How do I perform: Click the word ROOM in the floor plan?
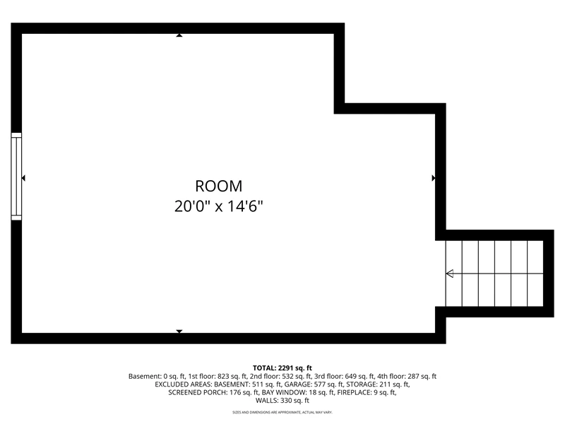click(219, 186)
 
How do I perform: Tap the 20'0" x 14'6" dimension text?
click(219, 206)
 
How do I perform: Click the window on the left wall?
click(16, 176)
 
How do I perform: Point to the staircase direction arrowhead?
click(450, 273)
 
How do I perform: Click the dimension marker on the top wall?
click(179, 35)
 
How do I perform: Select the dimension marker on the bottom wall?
click(179, 331)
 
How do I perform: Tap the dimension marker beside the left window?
click(23, 178)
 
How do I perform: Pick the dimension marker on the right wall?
click(434, 178)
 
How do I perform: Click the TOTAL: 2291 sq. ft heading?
click(282, 368)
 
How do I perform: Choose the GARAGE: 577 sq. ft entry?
click(314, 384)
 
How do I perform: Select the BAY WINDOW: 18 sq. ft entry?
click(298, 393)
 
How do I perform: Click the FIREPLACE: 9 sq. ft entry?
click(367, 393)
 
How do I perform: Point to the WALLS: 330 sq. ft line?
click(282, 401)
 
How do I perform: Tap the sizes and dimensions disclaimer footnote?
click(282, 412)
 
